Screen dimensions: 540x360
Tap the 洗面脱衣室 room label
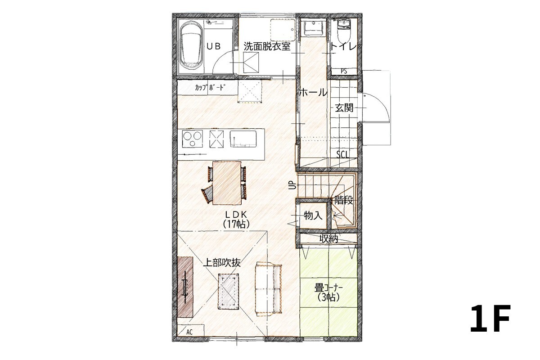click(267, 46)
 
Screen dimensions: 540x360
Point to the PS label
click(344, 71)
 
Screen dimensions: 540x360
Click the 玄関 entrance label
click(344, 108)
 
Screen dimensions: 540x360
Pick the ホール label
click(313, 92)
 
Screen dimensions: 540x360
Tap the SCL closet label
click(342, 154)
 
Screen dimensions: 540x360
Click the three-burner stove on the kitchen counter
click(193, 139)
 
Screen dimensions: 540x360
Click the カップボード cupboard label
click(211, 87)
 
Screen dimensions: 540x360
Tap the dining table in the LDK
click(227, 183)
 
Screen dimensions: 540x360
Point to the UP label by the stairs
click(292, 185)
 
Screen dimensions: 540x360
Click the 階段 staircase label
click(343, 200)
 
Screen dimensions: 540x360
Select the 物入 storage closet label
click(313, 215)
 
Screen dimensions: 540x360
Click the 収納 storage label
click(328, 238)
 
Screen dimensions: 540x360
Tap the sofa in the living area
click(268, 289)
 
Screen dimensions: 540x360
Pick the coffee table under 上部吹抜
click(228, 291)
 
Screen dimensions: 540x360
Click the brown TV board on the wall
click(185, 287)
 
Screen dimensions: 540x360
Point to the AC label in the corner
click(189, 332)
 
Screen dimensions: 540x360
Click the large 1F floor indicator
click(490, 318)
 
